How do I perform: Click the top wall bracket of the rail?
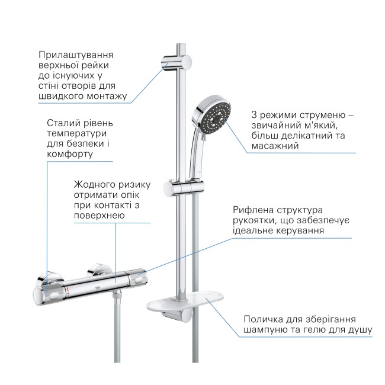[176, 62]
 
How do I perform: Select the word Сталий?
[62, 123]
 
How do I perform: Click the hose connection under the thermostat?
[120, 296]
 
